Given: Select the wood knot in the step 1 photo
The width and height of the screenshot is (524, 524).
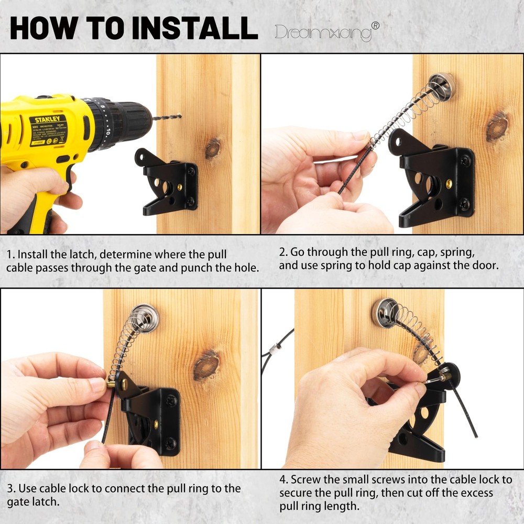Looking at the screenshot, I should pos(212,149).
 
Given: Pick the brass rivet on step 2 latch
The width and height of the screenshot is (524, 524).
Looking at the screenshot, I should pos(449,183).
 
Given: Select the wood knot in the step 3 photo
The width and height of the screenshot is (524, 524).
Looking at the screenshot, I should pos(206,365).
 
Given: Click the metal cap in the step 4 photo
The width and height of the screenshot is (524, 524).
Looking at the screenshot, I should pos(386,313).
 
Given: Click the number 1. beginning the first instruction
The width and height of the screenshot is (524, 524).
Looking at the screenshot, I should pos(11,255).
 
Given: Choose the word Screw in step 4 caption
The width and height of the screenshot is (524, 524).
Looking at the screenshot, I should pos(305,479).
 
